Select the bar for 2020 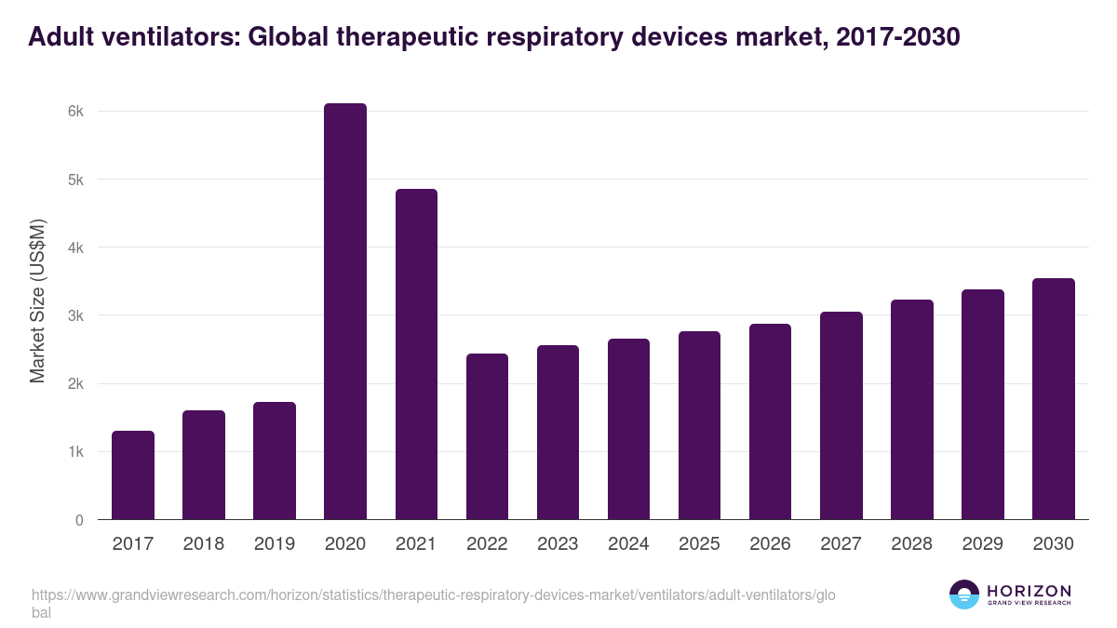click(x=345, y=312)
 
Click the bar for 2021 click(x=416, y=354)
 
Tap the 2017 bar click(x=133, y=475)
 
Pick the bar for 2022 click(x=487, y=436)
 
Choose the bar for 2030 click(x=1053, y=399)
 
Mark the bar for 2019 click(x=275, y=461)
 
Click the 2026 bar click(x=770, y=421)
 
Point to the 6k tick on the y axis click(x=76, y=112)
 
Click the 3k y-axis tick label click(x=76, y=316)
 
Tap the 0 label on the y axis click(x=80, y=520)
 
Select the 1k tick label click(x=76, y=452)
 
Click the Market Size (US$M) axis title click(x=38, y=301)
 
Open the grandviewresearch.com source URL click(x=427, y=595)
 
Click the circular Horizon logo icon click(x=964, y=595)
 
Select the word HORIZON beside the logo click(x=1029, y=591)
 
